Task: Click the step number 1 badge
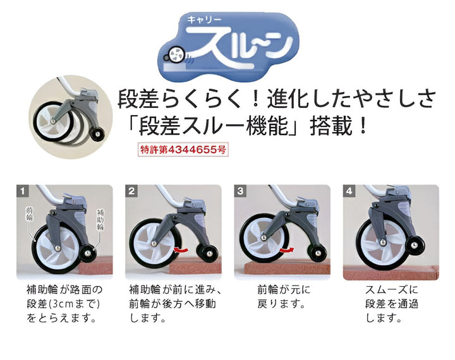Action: (23, 190)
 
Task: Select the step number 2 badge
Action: (131, 190)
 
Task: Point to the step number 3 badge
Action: (240, 190)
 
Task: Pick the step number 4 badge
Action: (349, 190)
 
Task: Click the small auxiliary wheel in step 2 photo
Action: (206, 253)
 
